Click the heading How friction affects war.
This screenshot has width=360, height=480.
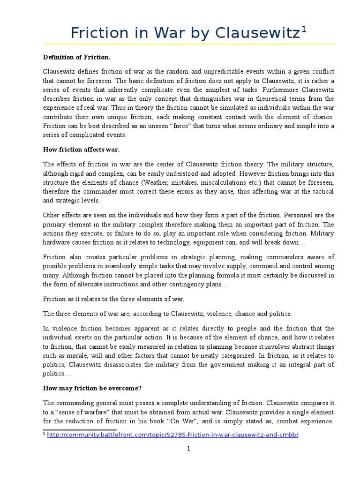[x=81, y=150]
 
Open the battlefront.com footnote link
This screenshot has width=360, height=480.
[x=172, y=435]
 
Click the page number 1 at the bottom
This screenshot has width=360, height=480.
[x=188, y=462]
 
